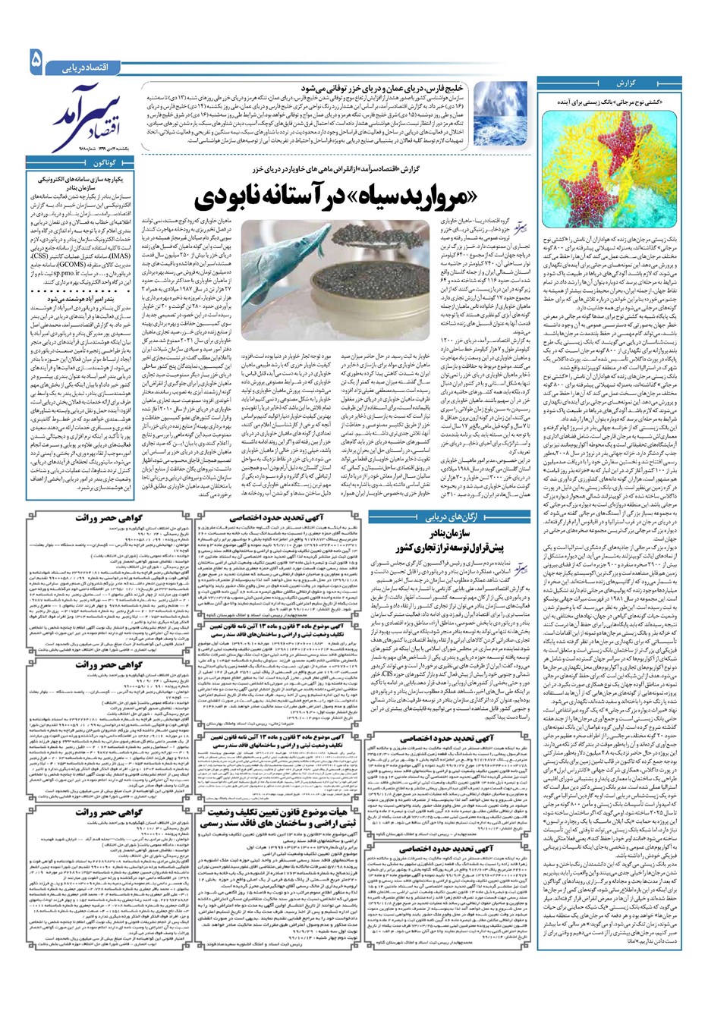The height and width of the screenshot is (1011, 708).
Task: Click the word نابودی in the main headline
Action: pyautogui.click(x=236, y=199)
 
